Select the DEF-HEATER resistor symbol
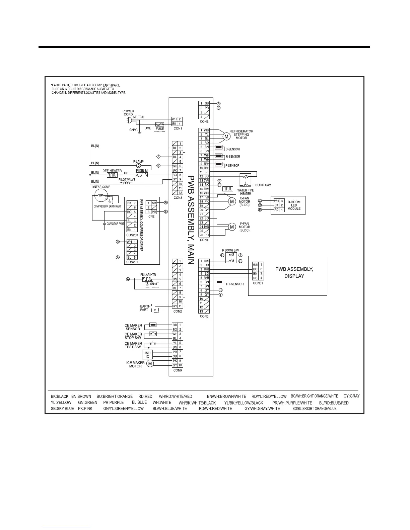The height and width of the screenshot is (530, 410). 112,175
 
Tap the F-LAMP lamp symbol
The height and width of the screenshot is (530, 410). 138,166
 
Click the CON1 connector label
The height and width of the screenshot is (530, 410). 178,128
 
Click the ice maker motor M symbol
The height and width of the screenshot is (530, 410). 150,364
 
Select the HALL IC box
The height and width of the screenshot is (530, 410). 147,355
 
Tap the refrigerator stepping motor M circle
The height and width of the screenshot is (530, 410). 226,137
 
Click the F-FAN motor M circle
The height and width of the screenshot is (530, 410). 232,227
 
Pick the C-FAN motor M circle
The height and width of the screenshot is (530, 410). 232,201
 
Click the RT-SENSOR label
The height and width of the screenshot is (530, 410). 234,284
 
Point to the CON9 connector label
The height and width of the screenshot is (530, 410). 178,370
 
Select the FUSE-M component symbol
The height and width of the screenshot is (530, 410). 142,175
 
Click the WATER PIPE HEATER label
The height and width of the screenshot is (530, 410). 245,192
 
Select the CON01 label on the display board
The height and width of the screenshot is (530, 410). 258,283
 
